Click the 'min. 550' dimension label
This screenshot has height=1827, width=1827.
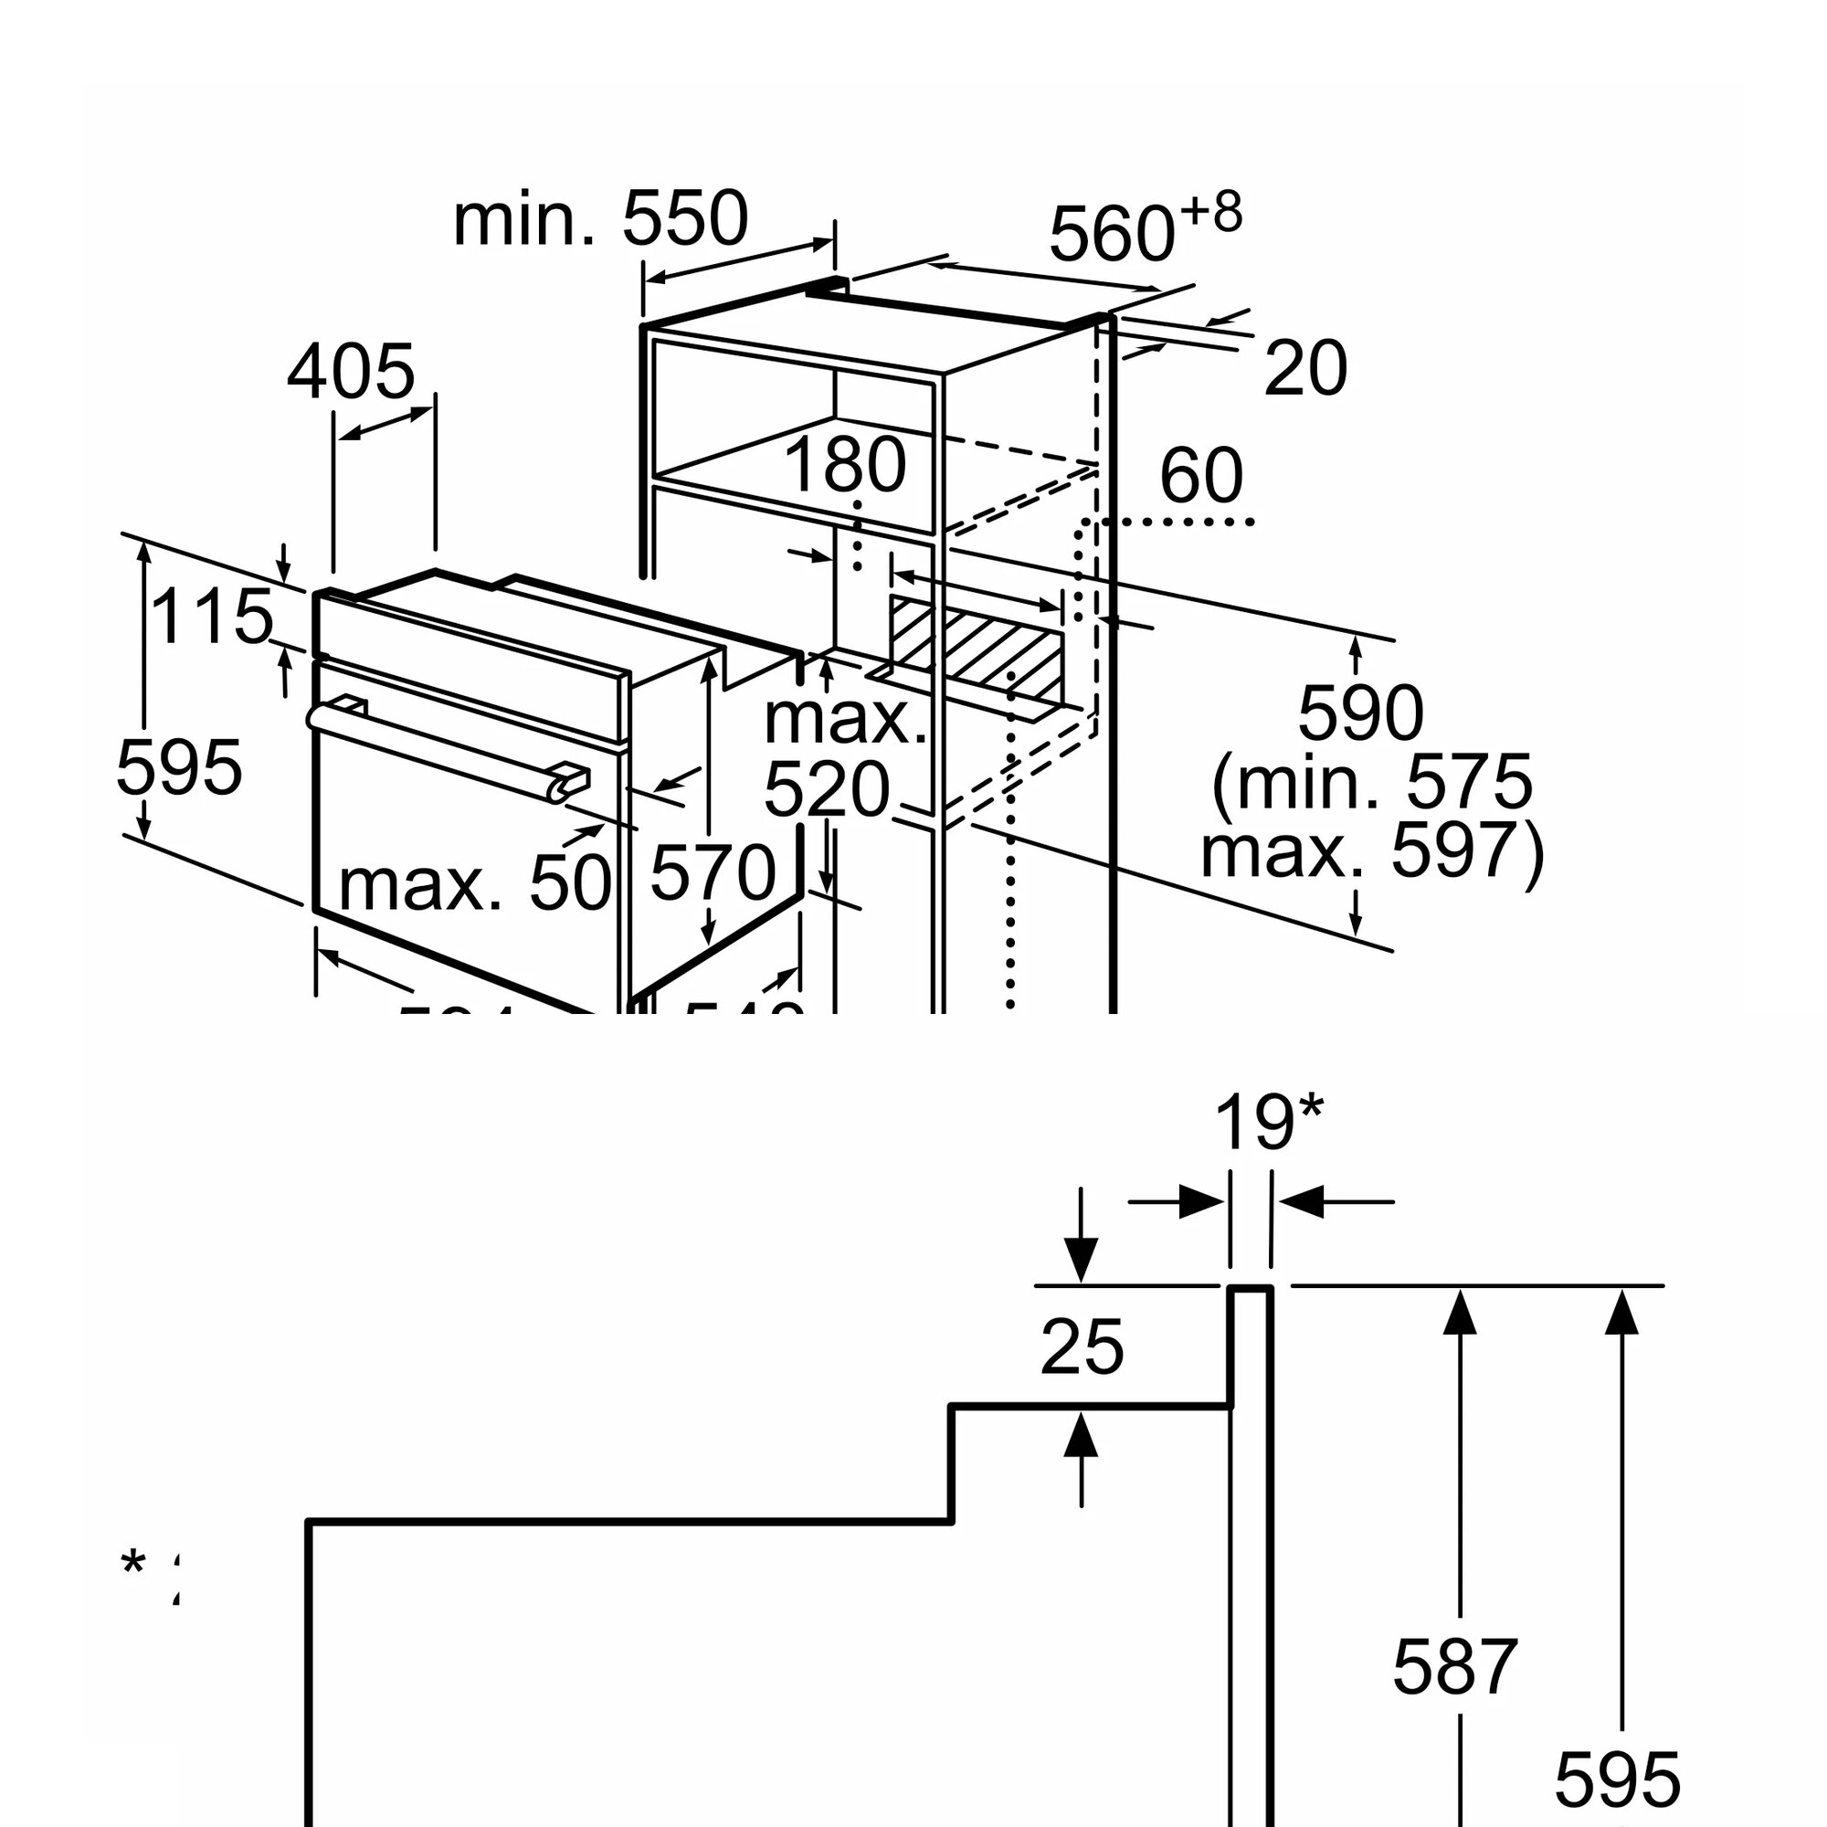(600, 219)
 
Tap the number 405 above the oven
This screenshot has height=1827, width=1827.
(351, 372)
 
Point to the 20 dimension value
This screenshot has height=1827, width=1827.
(1305, 369)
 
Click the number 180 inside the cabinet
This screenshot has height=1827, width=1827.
(844, 465)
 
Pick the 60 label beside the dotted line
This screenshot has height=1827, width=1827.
(1201, 476)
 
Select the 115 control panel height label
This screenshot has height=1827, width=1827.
(212, 617)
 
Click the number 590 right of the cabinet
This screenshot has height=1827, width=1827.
(1360, 713)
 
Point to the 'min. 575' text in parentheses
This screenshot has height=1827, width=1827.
(1371, 782)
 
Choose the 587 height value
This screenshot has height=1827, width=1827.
(1454, 1667)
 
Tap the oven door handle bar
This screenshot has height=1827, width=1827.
(445, 747)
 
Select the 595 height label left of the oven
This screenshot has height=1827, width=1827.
(179, 767)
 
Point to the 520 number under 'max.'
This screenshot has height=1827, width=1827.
(827, 789)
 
